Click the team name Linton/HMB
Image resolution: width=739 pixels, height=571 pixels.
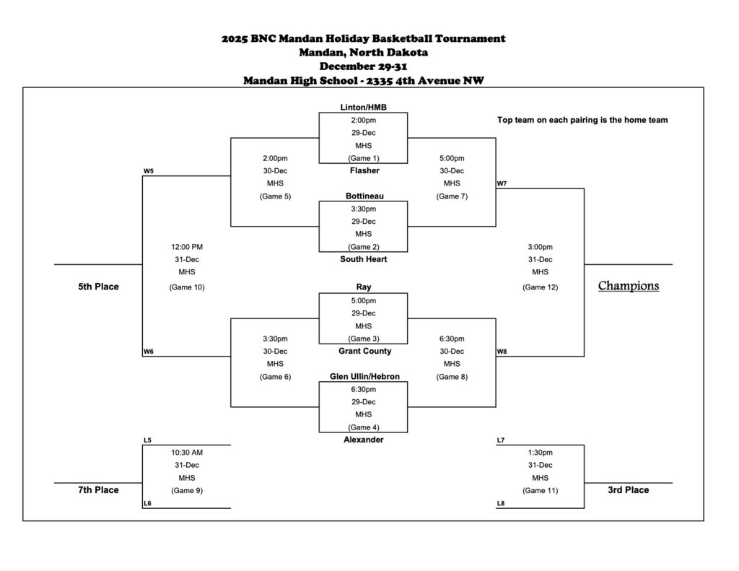tap(363, 108)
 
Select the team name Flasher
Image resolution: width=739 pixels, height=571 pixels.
tap(364, 171)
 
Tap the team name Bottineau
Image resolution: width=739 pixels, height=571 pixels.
tap(364, 196)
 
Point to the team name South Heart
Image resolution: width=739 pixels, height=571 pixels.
tap(364, 259)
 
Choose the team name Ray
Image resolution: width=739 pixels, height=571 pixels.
tap(364, 287)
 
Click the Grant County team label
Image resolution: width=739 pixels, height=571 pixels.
tap(364, 352)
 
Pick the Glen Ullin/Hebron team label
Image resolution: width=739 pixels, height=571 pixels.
tap(364, 377)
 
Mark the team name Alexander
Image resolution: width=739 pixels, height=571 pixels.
tap(364, 440)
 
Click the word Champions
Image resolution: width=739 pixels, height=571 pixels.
tap(628, 286)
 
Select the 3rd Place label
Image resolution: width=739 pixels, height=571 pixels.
tap(627, 490)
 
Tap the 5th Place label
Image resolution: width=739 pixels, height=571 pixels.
tap(98, 287)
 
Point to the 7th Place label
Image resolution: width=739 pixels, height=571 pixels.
tap(98, 490)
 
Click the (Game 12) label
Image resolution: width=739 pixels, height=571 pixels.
tap(540, 287)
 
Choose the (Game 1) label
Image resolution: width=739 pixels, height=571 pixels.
tap(364, 158)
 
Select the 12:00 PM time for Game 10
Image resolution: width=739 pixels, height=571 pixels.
tap(187, 247)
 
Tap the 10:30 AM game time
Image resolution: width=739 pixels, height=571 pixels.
tap(187, 453)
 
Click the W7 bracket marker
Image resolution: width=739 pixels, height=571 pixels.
tap(502, 184)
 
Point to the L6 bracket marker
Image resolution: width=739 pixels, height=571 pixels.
tap(147, 504)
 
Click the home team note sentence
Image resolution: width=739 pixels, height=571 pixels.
tap(582, 121)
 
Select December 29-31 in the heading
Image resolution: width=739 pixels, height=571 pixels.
tap(364, 66)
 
